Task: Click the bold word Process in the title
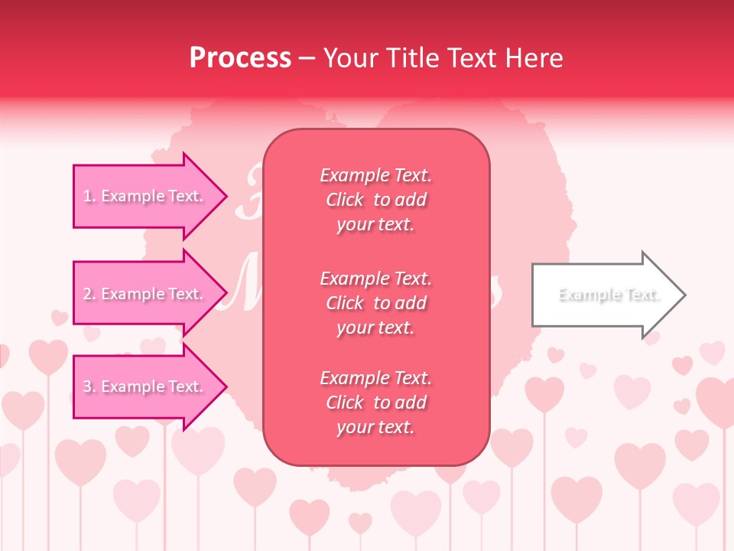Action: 240,58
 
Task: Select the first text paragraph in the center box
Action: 375,200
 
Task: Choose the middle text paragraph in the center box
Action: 375,303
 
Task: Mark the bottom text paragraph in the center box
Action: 375,403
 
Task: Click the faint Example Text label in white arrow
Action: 609,295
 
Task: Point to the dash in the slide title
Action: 307,58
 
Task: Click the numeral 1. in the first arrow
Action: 89,196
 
